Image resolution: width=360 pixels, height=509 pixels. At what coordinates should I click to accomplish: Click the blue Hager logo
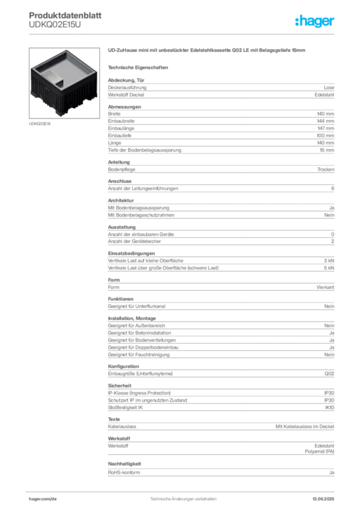point(316,21)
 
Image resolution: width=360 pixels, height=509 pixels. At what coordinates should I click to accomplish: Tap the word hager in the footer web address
point(37,498)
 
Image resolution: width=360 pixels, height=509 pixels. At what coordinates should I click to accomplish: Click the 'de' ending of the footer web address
point(54,498)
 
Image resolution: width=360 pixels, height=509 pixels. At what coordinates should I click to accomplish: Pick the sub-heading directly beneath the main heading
point(139,67)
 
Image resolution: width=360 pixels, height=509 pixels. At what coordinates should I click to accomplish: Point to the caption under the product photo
point(40,124)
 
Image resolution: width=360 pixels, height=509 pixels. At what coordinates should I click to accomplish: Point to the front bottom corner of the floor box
point(63,115)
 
